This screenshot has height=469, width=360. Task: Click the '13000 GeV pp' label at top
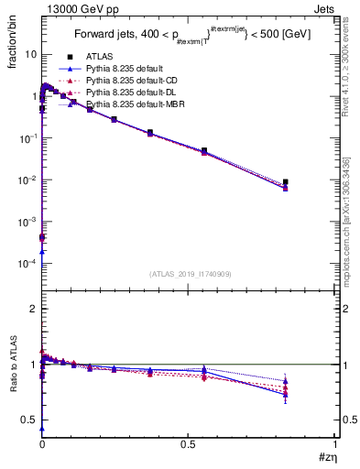click(x=71, y=7)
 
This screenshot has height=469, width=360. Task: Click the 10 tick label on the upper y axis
click(x=29, y=54)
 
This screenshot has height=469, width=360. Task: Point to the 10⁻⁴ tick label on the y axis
click(x=27, y=264)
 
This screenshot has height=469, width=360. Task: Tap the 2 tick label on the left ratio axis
click(x=34, y=310)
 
